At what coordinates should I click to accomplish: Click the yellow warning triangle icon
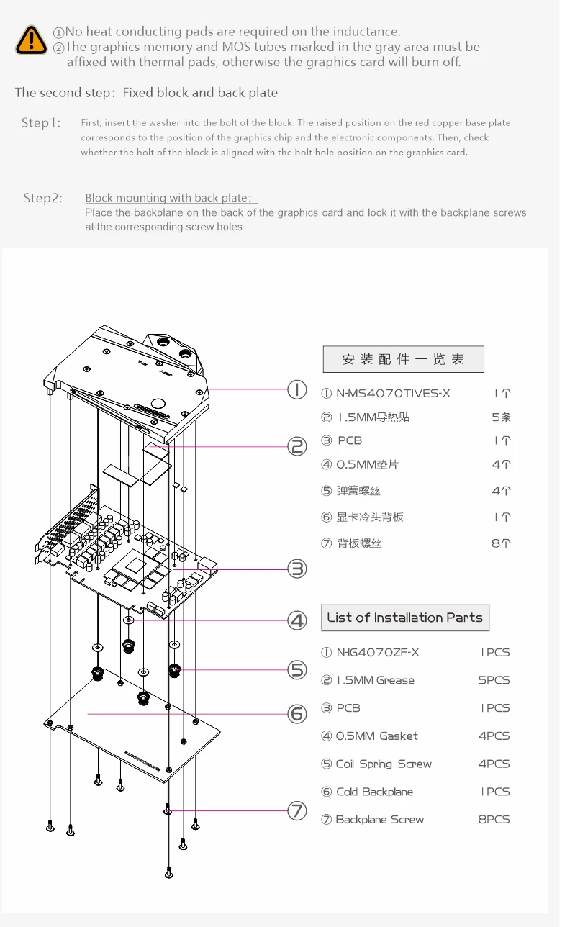(31, 40)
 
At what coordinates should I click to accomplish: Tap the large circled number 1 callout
(297, 389)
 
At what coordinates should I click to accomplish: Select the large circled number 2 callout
(297, 446)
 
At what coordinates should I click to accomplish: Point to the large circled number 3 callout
(297, 569)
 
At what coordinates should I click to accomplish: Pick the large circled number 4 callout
(297, 620)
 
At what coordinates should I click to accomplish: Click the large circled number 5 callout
(297, 669)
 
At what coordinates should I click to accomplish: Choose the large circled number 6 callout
(297, 714)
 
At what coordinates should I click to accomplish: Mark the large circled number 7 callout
(297, 810)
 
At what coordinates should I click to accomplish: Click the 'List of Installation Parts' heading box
(405, 618)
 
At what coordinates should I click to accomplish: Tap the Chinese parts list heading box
(403, 359)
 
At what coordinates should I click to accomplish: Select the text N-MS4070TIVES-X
(393, 393)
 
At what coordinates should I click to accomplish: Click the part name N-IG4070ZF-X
(378, 653)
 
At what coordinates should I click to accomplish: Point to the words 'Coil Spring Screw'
(384, 764)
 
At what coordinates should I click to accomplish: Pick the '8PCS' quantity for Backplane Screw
(494, 819)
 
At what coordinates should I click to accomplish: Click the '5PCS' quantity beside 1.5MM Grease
(494, 680)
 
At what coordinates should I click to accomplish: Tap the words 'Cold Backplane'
(374, 792)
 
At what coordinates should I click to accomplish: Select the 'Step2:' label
(43, 198)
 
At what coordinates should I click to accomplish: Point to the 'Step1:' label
(41, 122)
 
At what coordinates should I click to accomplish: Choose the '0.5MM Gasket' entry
(377, 736)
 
